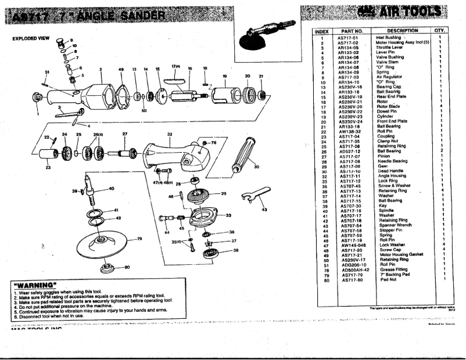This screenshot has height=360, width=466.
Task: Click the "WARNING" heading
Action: [x=34, y=285]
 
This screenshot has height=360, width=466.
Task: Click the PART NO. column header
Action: [x=352, y=31]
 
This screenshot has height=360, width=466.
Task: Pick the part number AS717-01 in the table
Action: [x=348, y=38]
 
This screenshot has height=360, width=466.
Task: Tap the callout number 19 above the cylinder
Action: [x=224, y=77]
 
